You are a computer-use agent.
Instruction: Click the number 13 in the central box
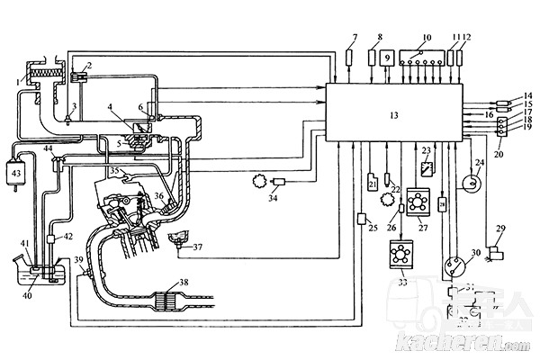[x=392, y=116]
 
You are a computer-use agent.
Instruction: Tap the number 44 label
[x=49, y=147]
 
